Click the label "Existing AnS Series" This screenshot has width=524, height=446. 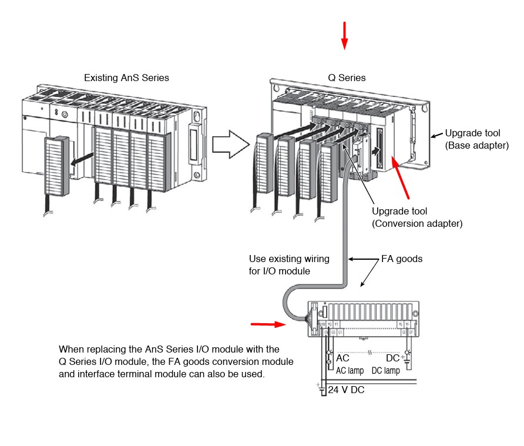coord(126,78)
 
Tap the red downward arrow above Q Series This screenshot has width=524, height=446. coord(345,35)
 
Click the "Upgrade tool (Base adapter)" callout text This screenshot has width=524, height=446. coord(476,139)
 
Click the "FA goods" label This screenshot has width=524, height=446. coord(402,259)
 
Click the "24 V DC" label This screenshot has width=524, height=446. coord(346,389)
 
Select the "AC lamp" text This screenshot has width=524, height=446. coord(350,371)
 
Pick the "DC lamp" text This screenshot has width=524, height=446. coord(386,371)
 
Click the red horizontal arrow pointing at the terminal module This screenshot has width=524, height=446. coord(267,323)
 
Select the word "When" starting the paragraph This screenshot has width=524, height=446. coord(71,349)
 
